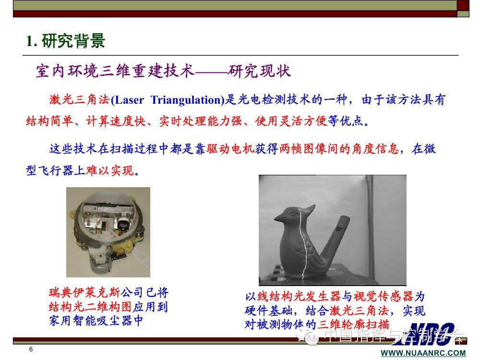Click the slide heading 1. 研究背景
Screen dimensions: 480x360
click(65, 41)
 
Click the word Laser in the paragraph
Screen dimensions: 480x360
click(129, 100)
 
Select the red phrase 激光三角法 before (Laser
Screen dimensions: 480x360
click(79, 100)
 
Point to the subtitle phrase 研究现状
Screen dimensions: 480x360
click(259, 71)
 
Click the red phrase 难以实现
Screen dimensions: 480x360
click(110, 170)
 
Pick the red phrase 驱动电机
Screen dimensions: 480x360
click(230, 149)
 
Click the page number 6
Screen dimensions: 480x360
click(31, 349)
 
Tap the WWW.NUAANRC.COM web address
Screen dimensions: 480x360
click(423, 353)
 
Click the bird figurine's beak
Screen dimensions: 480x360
click(279, 218)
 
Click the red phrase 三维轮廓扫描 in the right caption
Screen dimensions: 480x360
click(353, 324)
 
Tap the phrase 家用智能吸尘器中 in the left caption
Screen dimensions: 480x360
click(96, 321)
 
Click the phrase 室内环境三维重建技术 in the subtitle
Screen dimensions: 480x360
click(115, 71)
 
